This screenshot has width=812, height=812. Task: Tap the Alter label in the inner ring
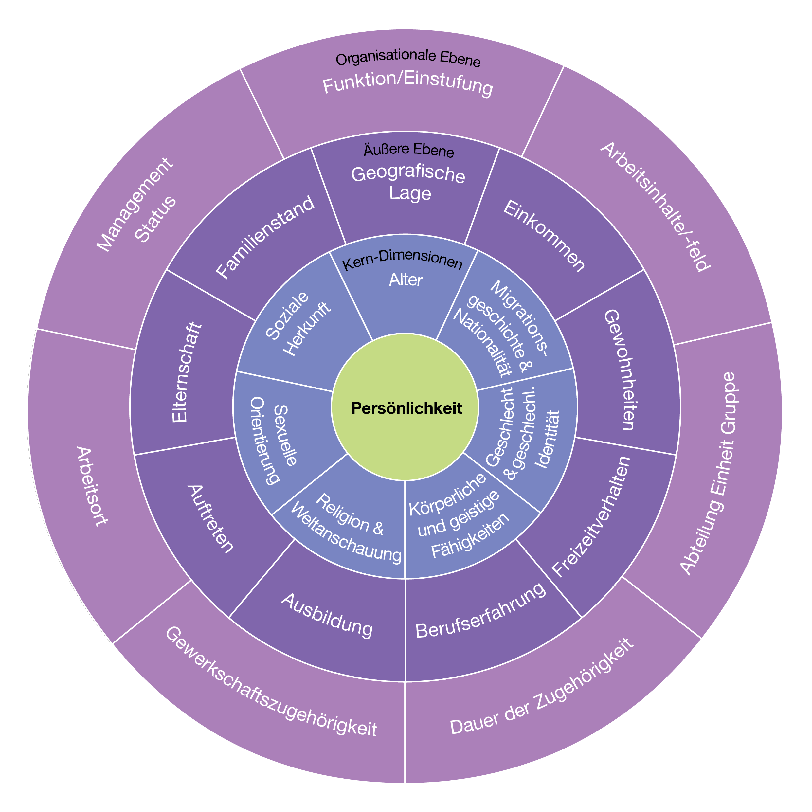pyautogui.click(x=406, y=280)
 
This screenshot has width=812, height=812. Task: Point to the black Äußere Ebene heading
pyautogui.click(x=408, y=150)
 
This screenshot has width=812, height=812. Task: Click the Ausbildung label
pyautogui.click(x=327, y=616)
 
